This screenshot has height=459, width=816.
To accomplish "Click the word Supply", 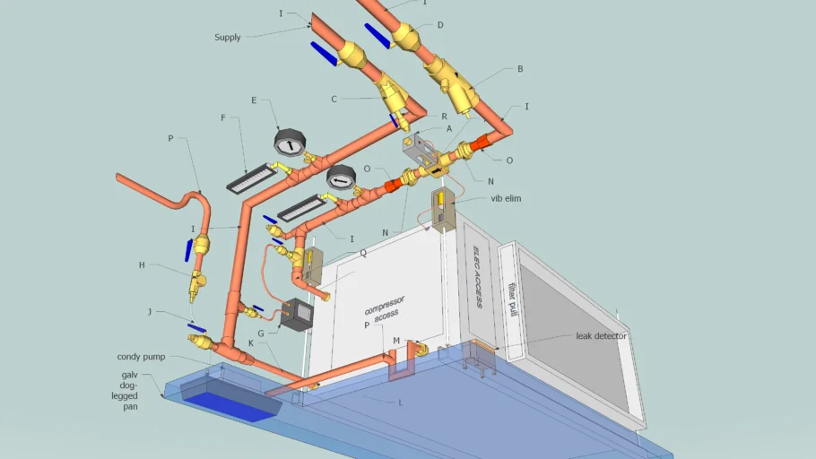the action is tap(228, 38).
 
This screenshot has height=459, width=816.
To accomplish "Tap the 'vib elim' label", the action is tap(506, 198).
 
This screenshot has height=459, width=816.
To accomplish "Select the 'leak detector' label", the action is tap(601, 336).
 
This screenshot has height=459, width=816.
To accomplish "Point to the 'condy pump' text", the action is tap(141, 357).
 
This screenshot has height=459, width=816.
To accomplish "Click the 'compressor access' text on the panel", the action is tap(385, 308).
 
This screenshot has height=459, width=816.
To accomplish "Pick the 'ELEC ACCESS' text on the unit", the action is tap(478, 277).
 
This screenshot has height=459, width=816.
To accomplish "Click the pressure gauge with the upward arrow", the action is tap(290, 143).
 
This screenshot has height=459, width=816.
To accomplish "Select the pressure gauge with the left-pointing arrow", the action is tap(341, 178).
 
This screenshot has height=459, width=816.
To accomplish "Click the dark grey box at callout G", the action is tap(297, 315).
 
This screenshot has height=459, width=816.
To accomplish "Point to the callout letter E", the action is tap(254, 100).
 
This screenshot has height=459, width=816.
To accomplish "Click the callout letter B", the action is tap(520, 69).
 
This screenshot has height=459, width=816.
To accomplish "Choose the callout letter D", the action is tap(440, 25).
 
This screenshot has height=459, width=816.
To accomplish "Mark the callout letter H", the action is tap(142, 265).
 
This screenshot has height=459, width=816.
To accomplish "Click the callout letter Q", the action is tap(363, 253).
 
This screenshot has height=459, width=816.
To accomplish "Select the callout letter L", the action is tap(400, 403).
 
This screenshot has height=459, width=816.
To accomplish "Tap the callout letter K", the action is tap(251, 343).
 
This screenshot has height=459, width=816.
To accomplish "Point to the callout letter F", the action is tap(223, 118).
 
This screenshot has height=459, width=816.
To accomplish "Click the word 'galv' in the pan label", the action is tap(130, 375).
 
